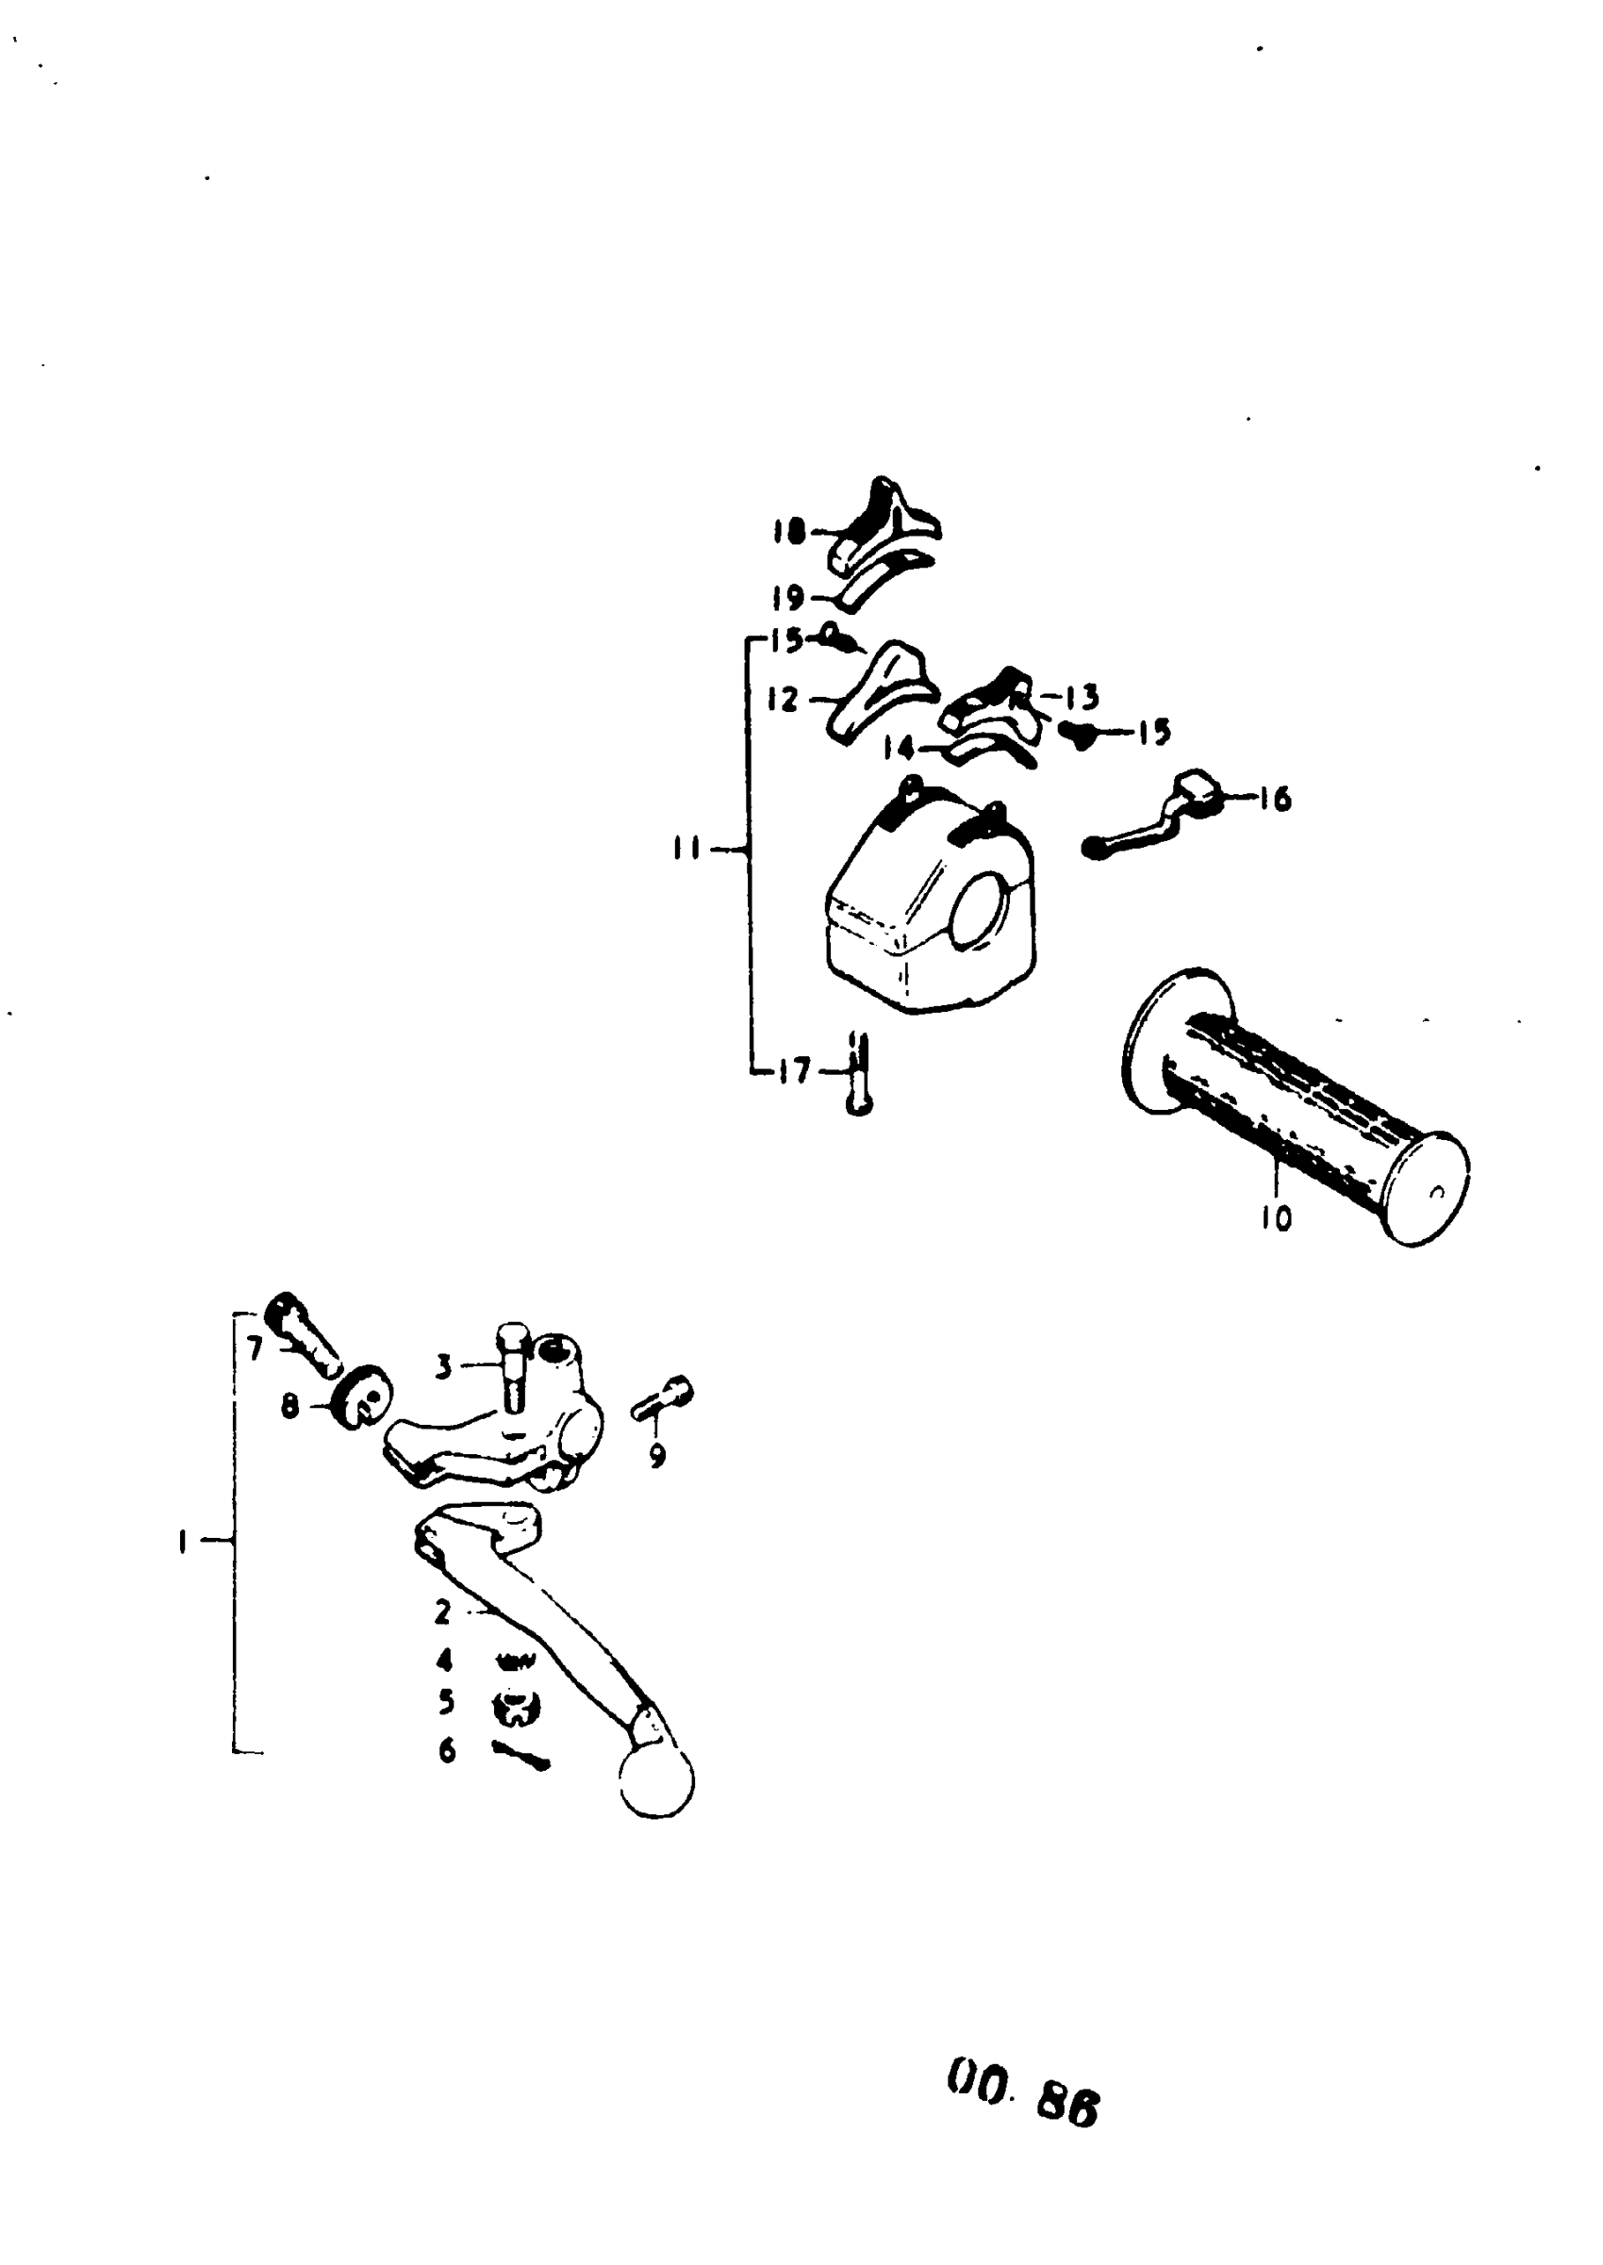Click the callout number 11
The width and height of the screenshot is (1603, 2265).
click(687, 849)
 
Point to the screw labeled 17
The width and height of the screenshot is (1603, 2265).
click(858, 1076)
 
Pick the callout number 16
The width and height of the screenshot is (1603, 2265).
click(1275, 799)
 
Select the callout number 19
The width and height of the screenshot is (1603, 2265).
click(788, 598)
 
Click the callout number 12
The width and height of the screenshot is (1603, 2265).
click(782, 700)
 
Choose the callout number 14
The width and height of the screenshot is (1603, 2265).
click(899, 749)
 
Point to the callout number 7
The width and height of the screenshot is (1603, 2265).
click(255, 1348)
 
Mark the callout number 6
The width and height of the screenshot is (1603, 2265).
click(446, 1751)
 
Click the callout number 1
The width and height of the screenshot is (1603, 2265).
click(182, 1542)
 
